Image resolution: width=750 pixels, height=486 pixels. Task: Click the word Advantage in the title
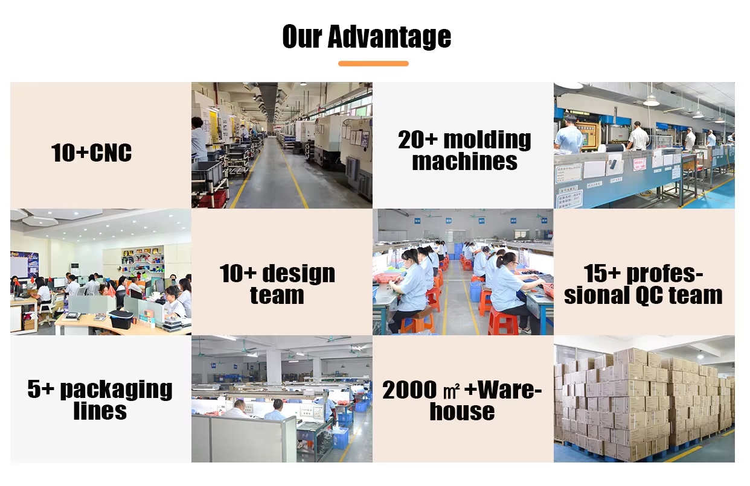coord(389,37)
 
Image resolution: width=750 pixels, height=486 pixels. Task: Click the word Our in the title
coord(303,36)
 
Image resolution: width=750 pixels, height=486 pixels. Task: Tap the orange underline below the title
coord(373,63)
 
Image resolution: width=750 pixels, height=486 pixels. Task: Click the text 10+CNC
coord(91,153)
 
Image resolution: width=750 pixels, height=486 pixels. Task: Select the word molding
coord(487,140)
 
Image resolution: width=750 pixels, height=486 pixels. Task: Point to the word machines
coord(464,162)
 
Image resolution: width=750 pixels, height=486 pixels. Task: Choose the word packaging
coord(116,390)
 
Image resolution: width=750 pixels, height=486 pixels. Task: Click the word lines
coord(100,411)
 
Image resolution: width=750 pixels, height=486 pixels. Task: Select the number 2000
coord(409,390)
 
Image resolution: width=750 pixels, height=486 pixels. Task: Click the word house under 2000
coord(462,411)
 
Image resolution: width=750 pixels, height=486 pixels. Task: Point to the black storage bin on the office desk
coord(121,319)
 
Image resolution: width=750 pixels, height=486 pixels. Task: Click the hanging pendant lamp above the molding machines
coord(651,99)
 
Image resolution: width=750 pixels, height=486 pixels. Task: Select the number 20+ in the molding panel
coord(418,140)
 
